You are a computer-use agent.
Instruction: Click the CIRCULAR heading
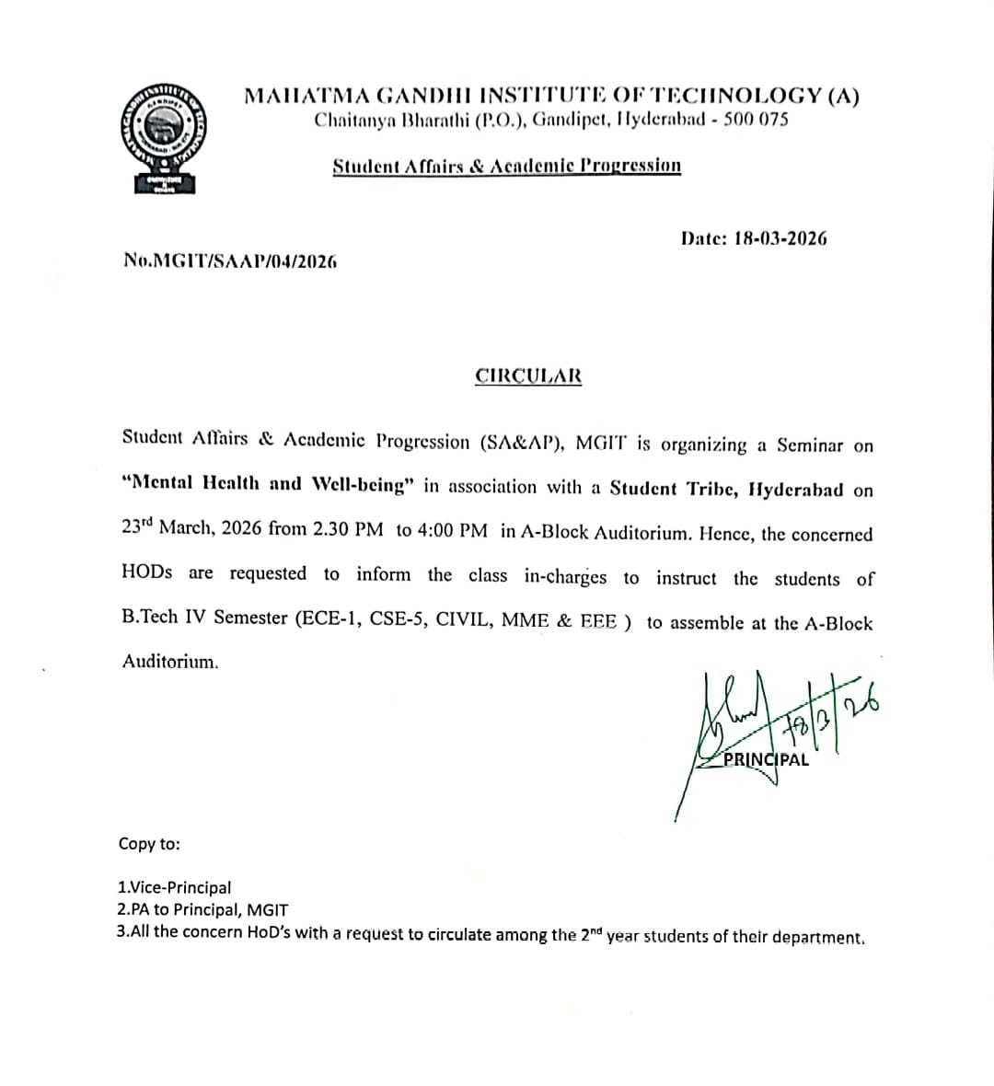528,376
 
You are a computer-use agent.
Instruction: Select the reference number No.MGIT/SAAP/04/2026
230,260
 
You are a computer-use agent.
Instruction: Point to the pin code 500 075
756,120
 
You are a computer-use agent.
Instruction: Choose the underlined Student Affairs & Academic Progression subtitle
507,167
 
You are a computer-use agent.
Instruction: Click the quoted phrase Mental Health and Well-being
268,484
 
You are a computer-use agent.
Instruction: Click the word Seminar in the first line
810,445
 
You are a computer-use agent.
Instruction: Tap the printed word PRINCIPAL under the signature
767,760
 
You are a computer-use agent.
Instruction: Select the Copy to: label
149,844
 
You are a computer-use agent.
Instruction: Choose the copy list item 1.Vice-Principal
175,888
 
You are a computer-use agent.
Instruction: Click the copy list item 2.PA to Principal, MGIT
202,910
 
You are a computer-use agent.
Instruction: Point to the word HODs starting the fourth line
146,572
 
